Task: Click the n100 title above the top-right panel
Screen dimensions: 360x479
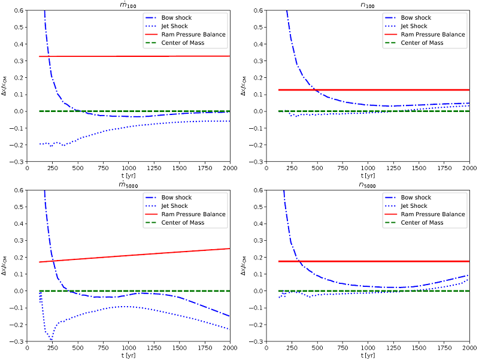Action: [368, 5]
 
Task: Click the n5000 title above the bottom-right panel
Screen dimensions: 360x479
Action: [368, 185]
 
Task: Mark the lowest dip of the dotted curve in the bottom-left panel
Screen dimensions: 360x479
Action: [51, 340]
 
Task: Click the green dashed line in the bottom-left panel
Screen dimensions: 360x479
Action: [150, 291]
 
